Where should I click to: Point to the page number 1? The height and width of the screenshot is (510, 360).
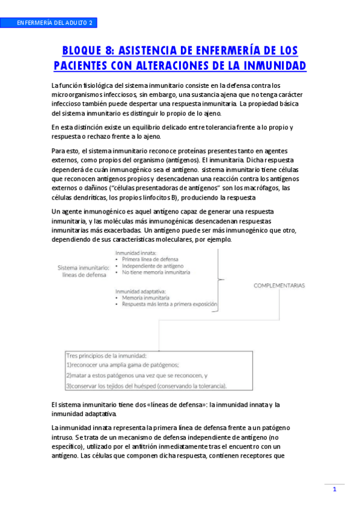tap(334, 490)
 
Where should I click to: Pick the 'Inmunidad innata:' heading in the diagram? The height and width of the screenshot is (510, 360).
tap(136, 253)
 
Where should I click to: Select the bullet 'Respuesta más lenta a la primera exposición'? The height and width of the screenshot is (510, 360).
tap(169, 304)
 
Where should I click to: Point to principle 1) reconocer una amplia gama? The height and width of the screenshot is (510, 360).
tap(123, 364)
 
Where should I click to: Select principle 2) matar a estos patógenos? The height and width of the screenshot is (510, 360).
tap(136, 375)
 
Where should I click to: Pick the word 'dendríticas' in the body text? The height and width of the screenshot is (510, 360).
tap(90, 197)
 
